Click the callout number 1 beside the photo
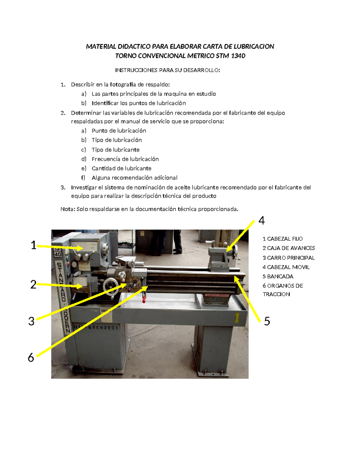pos(34,245)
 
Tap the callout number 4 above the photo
pos(262,221)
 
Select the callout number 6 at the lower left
pos(31,357)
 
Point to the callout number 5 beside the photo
pos(267,321)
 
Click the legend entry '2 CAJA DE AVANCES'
pos(289,248)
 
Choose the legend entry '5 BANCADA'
pos(278,276)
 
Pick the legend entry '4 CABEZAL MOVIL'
pos(286,267)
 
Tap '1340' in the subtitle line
pos(238,56)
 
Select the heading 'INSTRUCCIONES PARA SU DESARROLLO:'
pos(167,70)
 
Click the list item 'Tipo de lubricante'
pos(115,150)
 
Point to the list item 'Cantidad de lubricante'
pos(121,168)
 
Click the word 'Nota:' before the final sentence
pos(68,209)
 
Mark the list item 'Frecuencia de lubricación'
pos(125,159)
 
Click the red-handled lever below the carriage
pos(144,298)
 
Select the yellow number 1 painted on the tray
pos(237,318)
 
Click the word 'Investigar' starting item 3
pos(83,188)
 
